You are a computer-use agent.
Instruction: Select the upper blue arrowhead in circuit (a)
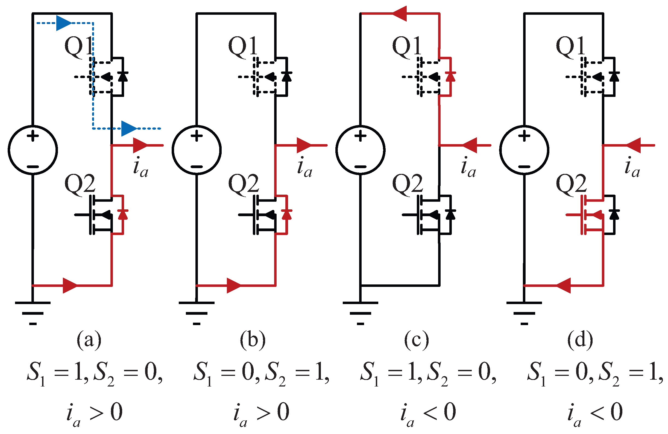tap(63, 23)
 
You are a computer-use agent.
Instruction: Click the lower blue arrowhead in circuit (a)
tap(128, 129)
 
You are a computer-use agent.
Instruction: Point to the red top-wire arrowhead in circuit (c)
tap(400, 13)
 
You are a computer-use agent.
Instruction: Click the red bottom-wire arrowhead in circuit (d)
tap(564, 286)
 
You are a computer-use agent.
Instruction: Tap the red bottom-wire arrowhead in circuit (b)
tap(233, 286)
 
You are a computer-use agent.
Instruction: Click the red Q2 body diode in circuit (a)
tap(123, 214)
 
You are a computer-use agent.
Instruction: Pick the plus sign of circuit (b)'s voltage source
tap(197, 136)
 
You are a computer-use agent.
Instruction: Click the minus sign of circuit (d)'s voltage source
tap(524, 167)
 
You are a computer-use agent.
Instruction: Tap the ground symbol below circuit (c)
tap(361, 313)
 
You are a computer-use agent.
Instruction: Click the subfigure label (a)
tap(89, 340)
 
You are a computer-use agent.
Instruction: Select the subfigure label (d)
tap(580, 340)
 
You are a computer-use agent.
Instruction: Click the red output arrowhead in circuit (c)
tap(470, 145)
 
